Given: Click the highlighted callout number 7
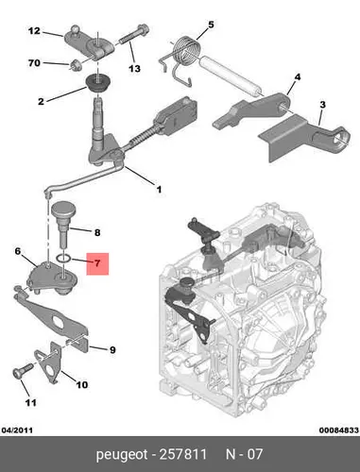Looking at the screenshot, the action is point(97,263).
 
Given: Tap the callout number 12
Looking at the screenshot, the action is point(34,31).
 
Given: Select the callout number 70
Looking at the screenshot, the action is point(34,63).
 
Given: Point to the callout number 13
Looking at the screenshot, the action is point(134,68).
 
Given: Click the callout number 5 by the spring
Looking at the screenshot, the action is point(211,25).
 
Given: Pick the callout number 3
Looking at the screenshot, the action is point(322,105).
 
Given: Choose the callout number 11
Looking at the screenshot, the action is point(31,402).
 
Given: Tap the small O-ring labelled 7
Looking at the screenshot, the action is point(64,259).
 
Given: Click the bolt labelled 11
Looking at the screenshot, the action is point(23,370).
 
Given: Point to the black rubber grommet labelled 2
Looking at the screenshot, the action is point(97,82).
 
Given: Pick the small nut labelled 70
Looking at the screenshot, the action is point(76,65).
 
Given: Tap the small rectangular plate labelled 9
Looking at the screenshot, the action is point(77,342).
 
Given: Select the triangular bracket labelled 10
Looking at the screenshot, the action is point(47,362).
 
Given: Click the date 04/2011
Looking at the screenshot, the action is point(17,430).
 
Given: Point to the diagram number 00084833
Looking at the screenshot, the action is point(339,430).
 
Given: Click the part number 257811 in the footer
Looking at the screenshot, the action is point(183,454).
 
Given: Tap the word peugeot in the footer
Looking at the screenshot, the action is point(122,455).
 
